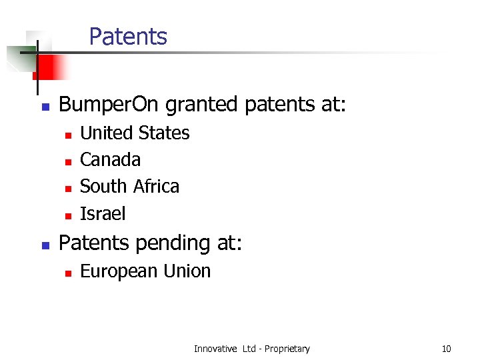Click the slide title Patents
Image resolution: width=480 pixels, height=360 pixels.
[128, 37]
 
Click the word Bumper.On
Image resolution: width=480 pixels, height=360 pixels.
[109, 105]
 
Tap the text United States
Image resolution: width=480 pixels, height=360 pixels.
[135, 133]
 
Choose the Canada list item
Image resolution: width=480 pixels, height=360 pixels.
[110, 160]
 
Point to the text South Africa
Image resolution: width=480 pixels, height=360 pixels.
[129, 187]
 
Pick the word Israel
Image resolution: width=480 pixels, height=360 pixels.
[103, 213]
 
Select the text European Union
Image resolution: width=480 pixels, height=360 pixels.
[145, 271]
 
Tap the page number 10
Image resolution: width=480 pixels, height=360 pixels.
[446, 349]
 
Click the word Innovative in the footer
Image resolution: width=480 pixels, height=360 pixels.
[215, 349]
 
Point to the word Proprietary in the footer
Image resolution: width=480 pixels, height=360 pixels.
[287, 349]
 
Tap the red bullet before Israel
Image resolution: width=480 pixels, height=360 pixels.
[67, 215]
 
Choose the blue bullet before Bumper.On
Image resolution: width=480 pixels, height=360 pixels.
[45, 107]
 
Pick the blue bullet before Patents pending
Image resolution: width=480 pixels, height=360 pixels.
[45, 245]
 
